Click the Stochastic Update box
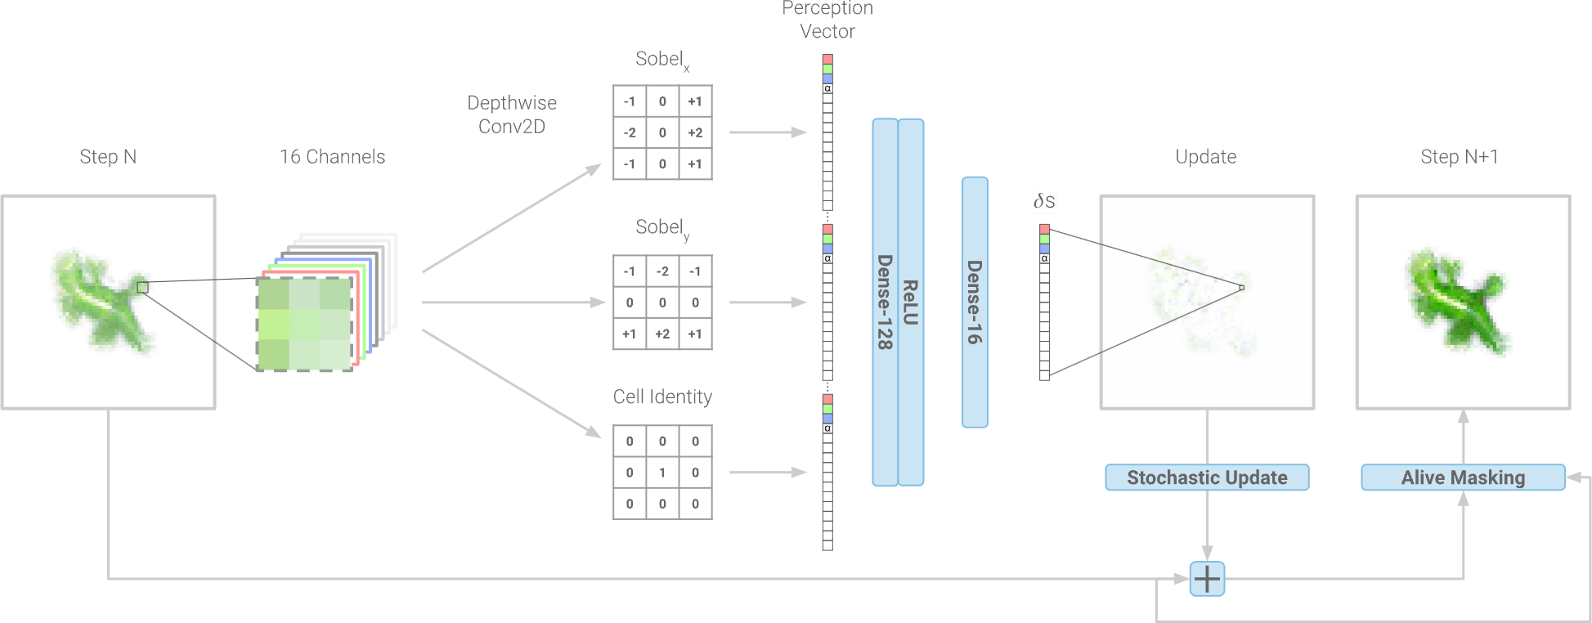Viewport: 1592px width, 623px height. pos(1207,477)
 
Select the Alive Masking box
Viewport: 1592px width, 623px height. pos(1463,477)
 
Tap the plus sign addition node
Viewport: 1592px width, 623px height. pos(1207,579)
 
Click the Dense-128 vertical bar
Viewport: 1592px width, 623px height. pos(885,303)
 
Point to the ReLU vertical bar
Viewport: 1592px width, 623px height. pos(911,303)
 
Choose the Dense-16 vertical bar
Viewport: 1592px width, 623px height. pos(975,303)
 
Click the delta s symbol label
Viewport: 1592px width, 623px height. pos(1044,200)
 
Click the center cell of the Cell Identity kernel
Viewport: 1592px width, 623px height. pos(662,473)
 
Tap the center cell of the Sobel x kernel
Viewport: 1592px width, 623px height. pos(662,132)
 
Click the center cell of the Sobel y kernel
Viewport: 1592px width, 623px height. pos(662,303)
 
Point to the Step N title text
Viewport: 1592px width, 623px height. pos(108,157)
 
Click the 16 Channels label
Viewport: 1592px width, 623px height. pos(332,157)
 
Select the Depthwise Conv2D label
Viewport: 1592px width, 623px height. pos(512,114)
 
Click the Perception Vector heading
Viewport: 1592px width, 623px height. pos(827,20)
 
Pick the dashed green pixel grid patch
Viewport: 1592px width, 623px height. pos(305,325)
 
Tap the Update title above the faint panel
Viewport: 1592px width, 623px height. pos(1206,157)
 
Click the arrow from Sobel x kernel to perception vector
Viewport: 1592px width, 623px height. pos(767,132)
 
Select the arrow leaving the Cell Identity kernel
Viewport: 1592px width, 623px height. pos(767,473)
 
